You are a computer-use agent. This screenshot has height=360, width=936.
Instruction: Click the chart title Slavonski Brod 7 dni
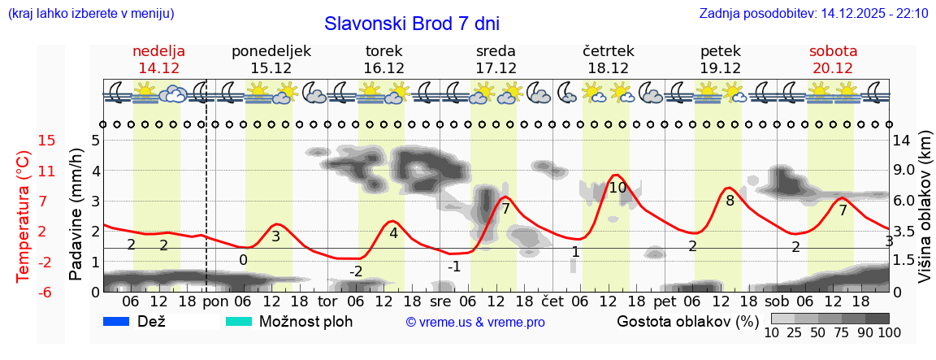click(x=411, y=23)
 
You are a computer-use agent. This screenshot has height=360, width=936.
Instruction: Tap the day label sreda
click(x=496, y=51)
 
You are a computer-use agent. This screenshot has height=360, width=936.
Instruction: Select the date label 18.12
click(x=608, y=68)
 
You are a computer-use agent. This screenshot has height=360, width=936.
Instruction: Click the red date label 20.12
click(x=832, y=68)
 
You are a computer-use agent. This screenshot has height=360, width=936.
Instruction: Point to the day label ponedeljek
click(x=271, y=51)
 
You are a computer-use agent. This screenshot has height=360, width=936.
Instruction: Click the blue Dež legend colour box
click(x=116, y=321)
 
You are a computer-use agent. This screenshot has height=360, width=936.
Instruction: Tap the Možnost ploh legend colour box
click(x=238, y=321)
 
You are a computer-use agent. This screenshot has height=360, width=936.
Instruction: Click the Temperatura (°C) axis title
click(x=23, y=216)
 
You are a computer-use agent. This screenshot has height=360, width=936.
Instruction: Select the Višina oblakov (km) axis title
click(x=925, y=216)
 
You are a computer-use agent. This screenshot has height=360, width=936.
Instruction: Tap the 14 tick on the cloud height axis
click(x=901, y=141)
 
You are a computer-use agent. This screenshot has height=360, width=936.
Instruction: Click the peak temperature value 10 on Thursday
click(x=617, y=188)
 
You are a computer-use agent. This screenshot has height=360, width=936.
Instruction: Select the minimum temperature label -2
click(x=356, y=271)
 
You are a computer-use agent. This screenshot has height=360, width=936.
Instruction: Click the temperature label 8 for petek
click(x=730, y=201)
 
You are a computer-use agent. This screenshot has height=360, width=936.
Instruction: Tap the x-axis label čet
click(x=552, y=301)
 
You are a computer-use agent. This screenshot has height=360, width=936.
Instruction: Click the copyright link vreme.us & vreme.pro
click(x=474, y=323)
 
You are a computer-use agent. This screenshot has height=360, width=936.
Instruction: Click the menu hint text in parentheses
click(x=90, y=14)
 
